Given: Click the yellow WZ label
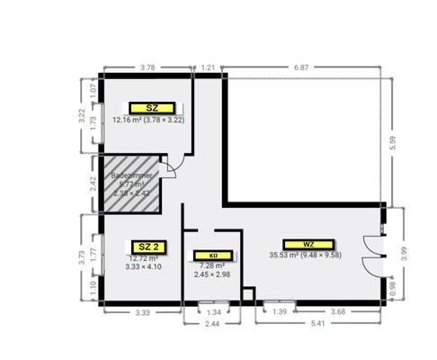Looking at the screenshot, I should click(308, 244).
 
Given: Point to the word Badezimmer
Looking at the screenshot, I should click(134, 176).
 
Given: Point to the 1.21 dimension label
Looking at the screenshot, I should click(208, 67).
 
